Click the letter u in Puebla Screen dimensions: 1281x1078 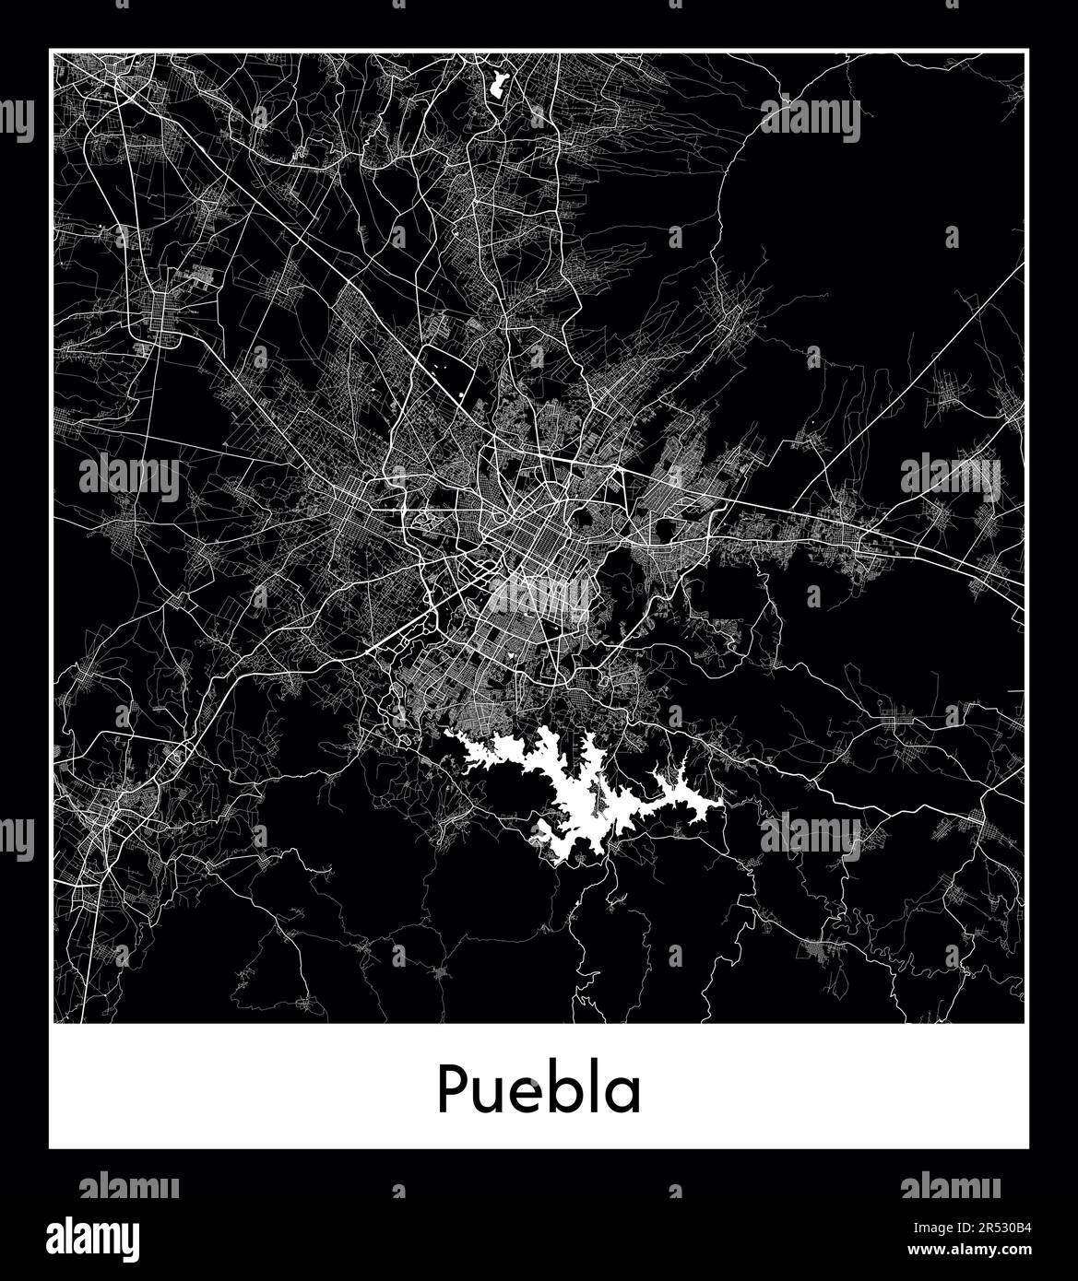pyautogui.click(x=488, y=1094)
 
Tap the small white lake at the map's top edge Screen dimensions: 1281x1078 pyautogui.click(x=502, y=84)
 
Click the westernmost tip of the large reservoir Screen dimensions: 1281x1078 pyautogui.click(x=447, y=734)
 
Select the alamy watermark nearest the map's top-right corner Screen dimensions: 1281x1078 pyautogui.click(x=811, y=120)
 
